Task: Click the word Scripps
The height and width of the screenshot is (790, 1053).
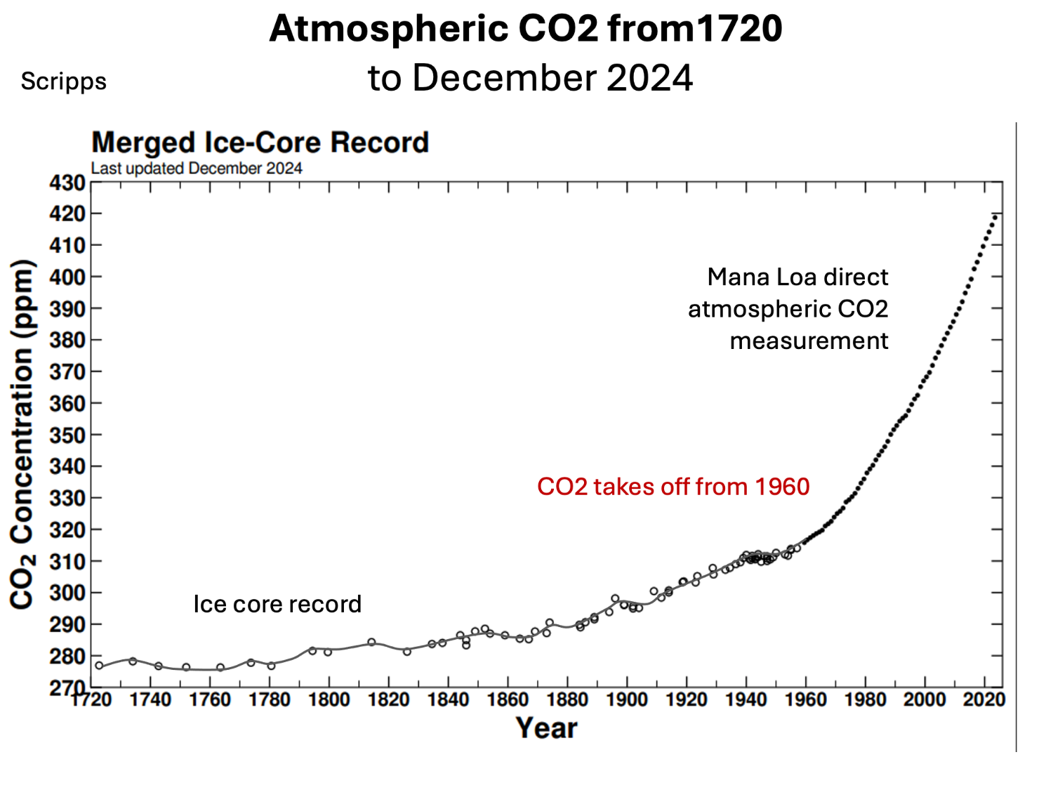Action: point(63,81)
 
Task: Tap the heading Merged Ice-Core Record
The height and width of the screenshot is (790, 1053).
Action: point(260,143)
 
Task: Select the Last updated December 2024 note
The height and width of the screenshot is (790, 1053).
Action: point(197,169)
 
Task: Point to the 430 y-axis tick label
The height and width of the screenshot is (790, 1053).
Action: point(67,183)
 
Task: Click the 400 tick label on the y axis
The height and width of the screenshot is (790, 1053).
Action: point(67,277)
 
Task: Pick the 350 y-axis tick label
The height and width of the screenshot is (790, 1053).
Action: point(67,435)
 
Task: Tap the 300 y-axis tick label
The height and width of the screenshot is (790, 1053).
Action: point(67,593)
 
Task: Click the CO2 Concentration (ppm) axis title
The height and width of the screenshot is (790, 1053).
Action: point(22,434)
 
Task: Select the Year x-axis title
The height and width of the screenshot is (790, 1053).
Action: point(546,728)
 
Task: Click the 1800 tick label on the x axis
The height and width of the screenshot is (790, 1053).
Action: point(329,700)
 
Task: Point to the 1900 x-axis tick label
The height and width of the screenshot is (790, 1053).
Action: point(627,700)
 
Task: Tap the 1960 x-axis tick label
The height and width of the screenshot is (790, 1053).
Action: point(805,700)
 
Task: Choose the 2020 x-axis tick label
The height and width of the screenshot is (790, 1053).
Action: point(984,700)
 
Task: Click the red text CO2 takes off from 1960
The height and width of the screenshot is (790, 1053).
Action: point(673,487)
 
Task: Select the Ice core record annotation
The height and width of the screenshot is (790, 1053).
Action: point(277,605)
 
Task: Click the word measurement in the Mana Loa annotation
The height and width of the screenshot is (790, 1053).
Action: point(809,341)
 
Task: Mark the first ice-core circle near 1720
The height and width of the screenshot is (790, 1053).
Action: point(99,666)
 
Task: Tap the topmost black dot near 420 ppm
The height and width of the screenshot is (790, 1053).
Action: point(996,216)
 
